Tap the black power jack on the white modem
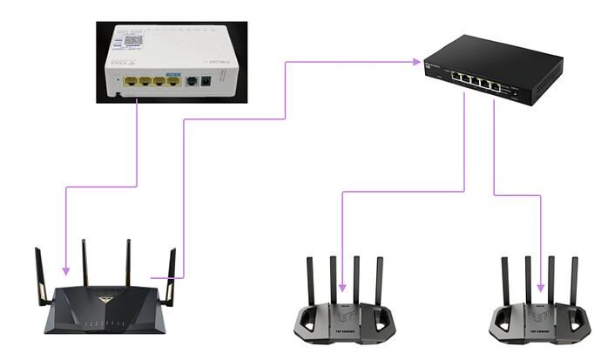click(206, 83)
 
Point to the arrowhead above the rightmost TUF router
click(542, 289)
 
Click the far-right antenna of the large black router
click(171, 270)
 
